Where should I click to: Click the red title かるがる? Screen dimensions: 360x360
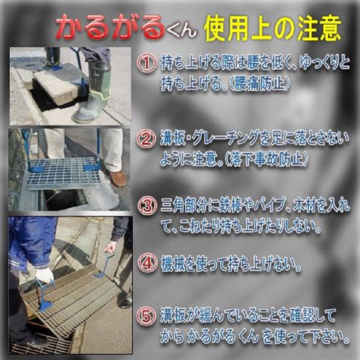point(110,27)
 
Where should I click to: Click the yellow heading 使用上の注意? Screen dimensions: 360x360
point(273,29)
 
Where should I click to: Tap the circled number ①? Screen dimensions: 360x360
point(147,64)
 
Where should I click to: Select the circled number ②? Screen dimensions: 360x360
point(146,140)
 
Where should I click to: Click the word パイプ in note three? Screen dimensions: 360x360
point(264,207)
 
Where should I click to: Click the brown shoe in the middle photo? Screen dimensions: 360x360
point(118,178)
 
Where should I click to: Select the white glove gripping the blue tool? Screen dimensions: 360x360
point(44,276)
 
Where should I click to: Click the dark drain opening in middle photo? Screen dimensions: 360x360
point(64,199)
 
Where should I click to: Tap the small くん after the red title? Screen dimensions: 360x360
point(182,32)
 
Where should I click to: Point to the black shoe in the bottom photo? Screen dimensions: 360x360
point(125,303)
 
